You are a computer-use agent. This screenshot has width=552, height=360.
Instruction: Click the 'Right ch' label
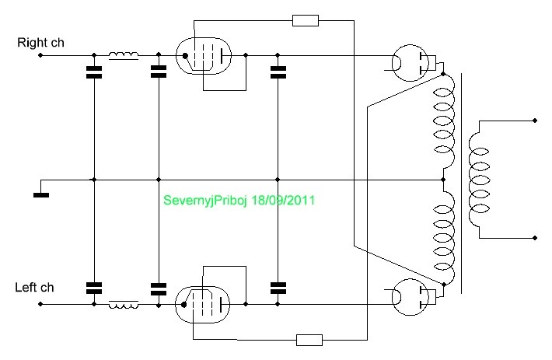coord(40,42)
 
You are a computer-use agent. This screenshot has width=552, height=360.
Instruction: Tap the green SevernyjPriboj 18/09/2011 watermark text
coord(239,200)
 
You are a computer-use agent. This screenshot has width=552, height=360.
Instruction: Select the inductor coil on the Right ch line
coord(124,55)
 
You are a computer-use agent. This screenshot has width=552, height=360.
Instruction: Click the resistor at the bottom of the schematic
coord(309,339)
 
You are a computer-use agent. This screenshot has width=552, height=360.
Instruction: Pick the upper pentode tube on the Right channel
coord(203,56)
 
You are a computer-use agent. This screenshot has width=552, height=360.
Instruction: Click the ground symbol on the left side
coord(41,194)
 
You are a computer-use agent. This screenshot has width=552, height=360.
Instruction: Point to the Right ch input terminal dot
coord(40,56)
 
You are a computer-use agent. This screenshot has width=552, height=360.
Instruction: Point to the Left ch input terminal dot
coord(40,304)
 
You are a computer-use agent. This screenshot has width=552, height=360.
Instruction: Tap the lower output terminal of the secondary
coord(535,236)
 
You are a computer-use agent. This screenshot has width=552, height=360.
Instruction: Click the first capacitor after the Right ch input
coord(94,74)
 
